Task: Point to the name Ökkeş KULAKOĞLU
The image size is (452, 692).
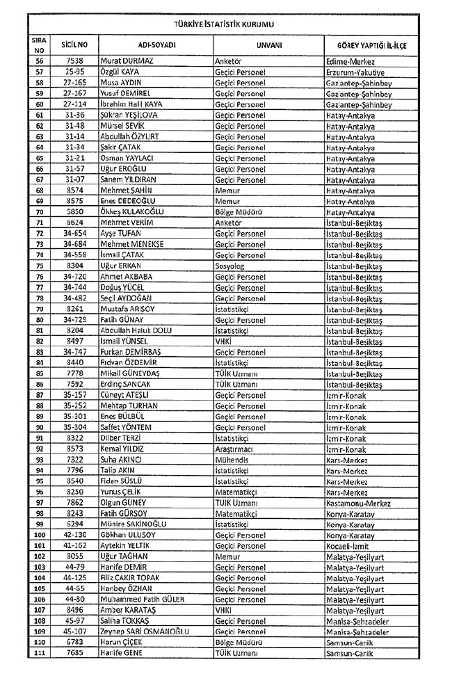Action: point(136,212)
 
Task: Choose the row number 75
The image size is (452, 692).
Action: point(39,266)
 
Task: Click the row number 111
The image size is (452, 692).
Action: point(39,654)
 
